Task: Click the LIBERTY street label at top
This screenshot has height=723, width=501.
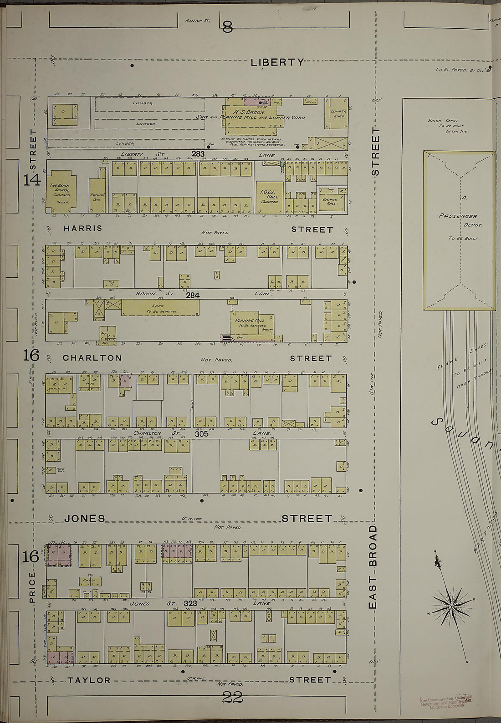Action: (276, 62)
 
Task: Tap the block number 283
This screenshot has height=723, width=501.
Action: (198, 154)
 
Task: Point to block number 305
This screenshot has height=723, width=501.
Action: (201, 434)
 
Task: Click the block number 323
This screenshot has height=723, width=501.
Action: (190, 603)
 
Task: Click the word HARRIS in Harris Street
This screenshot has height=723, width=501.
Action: (82, 228)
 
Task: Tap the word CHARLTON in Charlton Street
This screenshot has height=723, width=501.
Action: (92, 358)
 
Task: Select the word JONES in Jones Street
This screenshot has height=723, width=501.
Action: (84, 518)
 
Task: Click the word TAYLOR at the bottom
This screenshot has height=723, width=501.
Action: (89, 680)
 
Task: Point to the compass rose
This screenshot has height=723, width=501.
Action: (451, 607)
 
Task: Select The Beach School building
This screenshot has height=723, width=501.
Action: (61, 191)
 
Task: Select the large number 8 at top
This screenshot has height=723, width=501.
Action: (227, 28)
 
